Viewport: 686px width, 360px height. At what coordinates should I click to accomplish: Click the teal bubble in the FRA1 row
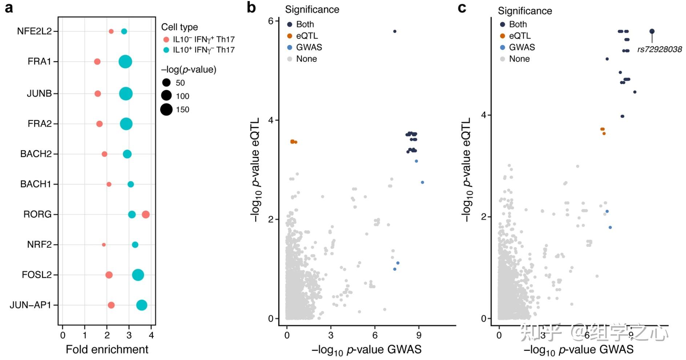125,61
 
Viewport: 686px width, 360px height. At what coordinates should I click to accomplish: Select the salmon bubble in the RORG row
146,214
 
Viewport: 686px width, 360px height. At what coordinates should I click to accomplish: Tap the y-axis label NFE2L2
35,31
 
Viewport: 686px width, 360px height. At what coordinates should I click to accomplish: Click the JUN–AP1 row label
31,305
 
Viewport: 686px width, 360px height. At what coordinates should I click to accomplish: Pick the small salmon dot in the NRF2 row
104,245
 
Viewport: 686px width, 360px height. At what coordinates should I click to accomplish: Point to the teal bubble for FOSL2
138,275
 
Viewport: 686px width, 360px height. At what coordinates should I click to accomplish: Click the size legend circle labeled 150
166,109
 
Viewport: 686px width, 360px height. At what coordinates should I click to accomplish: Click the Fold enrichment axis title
107,349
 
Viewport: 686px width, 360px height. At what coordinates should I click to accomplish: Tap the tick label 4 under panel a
152,335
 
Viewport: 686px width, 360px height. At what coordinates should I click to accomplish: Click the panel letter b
251,7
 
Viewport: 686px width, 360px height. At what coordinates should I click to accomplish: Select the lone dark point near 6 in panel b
395,31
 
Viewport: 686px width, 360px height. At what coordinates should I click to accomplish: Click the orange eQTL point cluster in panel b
293,142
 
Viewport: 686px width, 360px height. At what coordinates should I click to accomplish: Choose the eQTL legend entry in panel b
307,36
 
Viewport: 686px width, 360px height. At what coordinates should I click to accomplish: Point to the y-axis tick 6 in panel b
271,21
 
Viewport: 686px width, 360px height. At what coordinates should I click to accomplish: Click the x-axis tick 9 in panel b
419,335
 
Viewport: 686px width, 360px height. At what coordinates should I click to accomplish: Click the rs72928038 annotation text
659,49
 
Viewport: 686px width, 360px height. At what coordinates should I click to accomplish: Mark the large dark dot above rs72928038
652,31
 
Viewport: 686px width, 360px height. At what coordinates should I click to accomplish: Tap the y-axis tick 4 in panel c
484,115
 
